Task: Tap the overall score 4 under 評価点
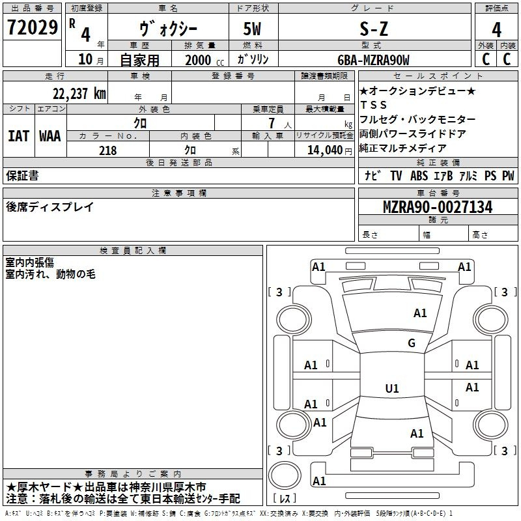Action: (x=496, y=29)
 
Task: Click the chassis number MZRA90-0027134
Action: (x=437, y=208)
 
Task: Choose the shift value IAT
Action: (x=18, y=136)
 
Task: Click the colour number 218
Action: (x=107, y=150)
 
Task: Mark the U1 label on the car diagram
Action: (x=391, y=389)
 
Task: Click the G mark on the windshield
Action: (x=411, y=343)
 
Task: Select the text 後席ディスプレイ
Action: (x=49, y=207)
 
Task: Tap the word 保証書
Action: (x=22, y=175)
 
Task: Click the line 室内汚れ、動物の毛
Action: (x=51, y=274)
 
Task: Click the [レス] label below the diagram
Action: (x=285, y=499)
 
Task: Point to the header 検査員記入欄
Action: (x=134, y=251)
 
